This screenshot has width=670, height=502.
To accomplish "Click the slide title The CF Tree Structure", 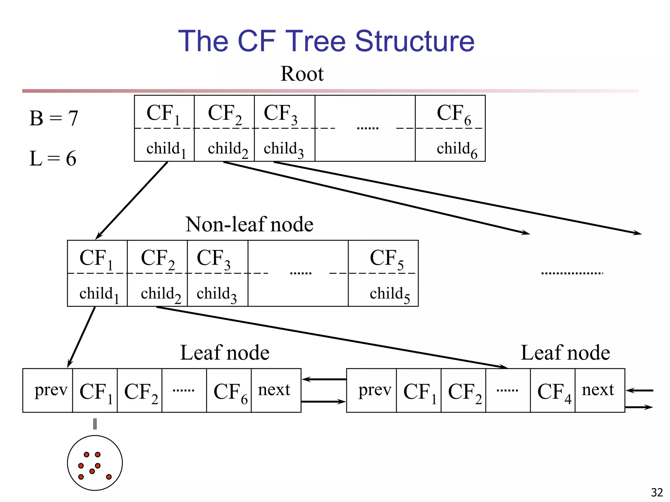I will (326, 41).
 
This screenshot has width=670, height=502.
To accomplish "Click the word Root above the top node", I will (302, 74).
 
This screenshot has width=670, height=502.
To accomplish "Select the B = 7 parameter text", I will (54, 118).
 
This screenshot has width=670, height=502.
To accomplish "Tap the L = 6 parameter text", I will (53, 159).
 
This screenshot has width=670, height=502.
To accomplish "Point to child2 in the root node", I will (227, 149).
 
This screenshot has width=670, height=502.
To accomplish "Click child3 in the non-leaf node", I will (216, 294).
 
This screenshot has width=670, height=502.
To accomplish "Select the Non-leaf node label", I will (249, 225).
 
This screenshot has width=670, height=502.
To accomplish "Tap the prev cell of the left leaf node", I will (51, 390).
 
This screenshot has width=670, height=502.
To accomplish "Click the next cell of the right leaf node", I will (598, 390).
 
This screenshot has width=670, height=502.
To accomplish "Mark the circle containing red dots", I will (95, 463).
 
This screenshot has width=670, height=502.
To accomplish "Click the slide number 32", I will (657, 492).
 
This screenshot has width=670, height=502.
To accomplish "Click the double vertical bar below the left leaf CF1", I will (95, 424).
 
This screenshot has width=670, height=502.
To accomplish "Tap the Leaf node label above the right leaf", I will (565, 353).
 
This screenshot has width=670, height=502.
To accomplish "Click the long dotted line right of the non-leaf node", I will (572, 273).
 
